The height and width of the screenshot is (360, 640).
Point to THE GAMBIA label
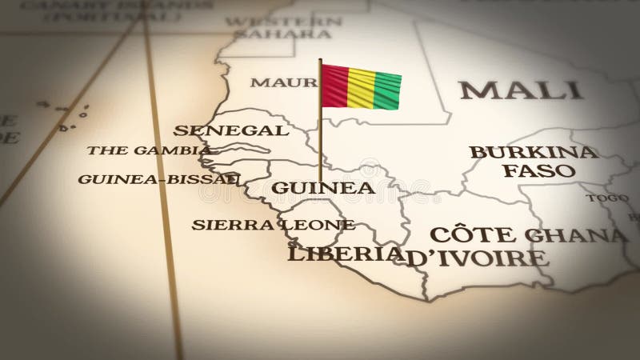pos(149,150)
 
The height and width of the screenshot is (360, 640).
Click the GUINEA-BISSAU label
pos(158,178)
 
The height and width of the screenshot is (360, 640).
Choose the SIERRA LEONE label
pos(272,224)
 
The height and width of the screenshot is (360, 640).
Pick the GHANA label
pos(585,234)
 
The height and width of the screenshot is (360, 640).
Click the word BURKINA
pos(533,151)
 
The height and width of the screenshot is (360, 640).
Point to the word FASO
pos(545,170)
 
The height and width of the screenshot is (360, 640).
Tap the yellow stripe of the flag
pos(362,89)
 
